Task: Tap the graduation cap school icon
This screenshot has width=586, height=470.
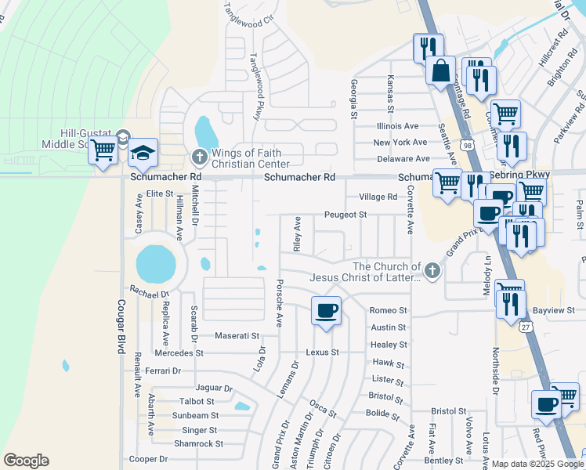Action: [143, 153]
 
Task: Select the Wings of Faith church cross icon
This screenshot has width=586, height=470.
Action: [199, 158]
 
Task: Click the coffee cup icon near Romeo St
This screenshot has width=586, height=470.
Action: [326, 310]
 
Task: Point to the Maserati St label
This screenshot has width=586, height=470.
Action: [237, 336]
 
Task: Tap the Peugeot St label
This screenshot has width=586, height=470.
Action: [345, 214]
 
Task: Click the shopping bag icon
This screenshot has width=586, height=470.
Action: [441, 70]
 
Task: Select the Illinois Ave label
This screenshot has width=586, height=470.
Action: [397, 125]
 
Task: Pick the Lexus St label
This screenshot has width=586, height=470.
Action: [322, 352]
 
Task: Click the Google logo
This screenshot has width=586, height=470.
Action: [26, 461]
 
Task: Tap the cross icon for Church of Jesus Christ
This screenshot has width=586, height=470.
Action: [432, 271]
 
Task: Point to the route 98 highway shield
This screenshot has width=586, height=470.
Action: [467, 146]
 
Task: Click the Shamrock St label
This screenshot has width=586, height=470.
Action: [198, 443]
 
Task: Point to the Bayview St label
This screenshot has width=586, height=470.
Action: [559, 311]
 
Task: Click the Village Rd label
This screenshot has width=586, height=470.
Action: [378, 197]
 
